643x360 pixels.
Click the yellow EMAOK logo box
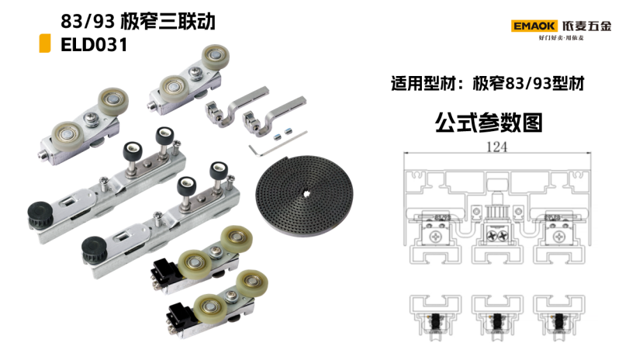point(534,26)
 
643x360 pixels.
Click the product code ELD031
point(95,45)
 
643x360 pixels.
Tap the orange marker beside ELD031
point(45,43)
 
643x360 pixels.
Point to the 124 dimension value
point(496,147)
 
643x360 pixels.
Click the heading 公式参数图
point(489,122)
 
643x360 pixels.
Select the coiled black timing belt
point(304,196)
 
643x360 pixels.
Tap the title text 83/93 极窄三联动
point(138,21)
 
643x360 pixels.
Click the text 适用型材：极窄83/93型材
point(488,84)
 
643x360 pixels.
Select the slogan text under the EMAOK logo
point(561,38)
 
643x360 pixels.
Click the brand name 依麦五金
point(587,26)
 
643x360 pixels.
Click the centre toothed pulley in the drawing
point(497,213)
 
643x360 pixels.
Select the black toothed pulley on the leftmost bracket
point(40,214)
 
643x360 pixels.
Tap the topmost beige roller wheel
point(216,57)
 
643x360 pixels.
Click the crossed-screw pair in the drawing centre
point(497,235)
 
